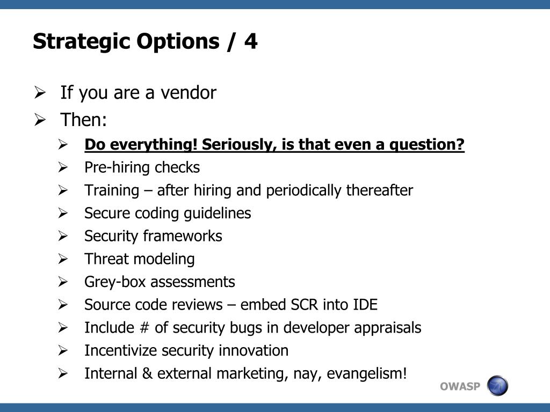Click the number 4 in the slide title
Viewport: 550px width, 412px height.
pos(251,41)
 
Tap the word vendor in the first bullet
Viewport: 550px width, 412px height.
pos(189,93)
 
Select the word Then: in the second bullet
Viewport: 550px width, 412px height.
pos(83,120)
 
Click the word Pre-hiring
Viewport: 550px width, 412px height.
pos(117,168)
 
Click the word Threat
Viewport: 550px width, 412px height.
pos(107,259)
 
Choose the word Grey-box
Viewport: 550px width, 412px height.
pos(115,282)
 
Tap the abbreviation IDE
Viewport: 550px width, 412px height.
pos(365,305)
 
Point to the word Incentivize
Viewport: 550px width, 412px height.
pos(121,351)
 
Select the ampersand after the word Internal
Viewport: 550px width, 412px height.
pos(147,373)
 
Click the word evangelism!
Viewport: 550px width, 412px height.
pos(367,374)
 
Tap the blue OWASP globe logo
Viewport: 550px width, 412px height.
pos(497,386)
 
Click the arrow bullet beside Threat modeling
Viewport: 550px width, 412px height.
pos(63,259)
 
